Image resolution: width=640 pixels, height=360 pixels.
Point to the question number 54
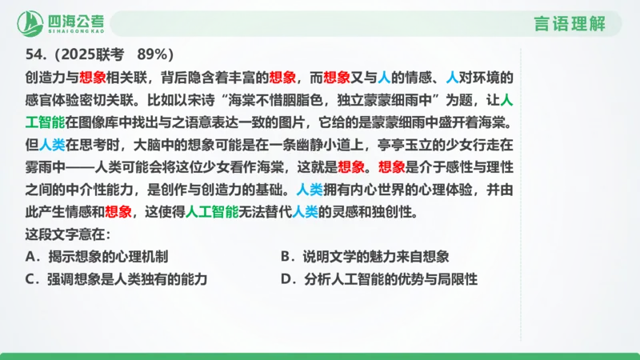pyautogui.click(x=34, y=55)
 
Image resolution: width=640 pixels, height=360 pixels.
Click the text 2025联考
pyautogui.click(x=90, y=55)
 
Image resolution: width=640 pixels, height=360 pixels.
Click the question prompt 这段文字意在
pyautogui.click(x=67, y=235)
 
